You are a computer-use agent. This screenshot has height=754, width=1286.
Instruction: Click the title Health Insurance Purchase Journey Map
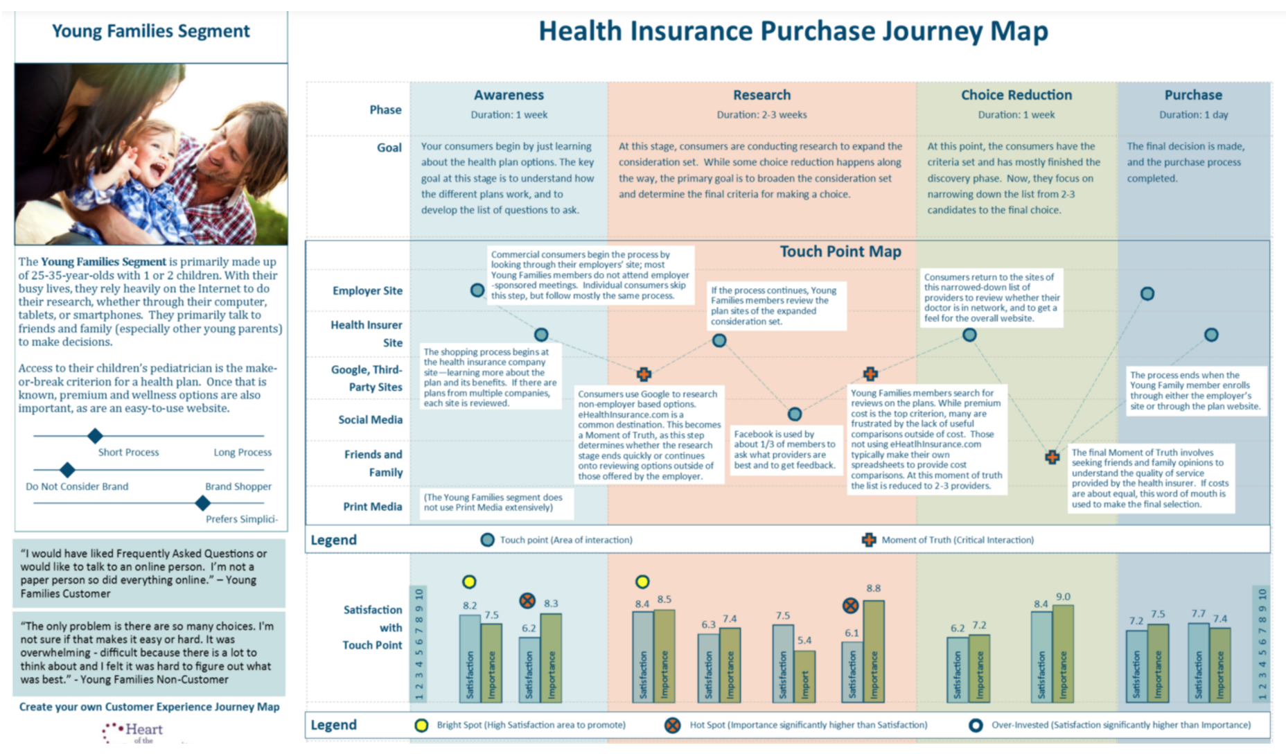793,31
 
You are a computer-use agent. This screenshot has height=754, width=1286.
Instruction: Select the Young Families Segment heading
151,31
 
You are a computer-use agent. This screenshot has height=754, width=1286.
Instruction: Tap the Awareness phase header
509,95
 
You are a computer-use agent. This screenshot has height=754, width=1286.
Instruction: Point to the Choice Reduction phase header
1016,95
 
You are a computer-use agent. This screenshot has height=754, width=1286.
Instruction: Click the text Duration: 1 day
1193,115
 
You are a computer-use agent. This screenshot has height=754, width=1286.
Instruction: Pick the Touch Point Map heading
840,252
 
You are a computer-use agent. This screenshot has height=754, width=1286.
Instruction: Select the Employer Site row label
367,291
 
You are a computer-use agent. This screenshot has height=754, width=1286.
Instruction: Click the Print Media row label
372,507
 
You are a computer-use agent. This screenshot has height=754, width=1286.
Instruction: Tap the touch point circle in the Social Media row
795,414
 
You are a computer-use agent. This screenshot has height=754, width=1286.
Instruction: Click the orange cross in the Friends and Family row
1052,457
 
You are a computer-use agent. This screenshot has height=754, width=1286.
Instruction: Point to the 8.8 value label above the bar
873,588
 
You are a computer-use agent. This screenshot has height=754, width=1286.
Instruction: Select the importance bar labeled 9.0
1062,651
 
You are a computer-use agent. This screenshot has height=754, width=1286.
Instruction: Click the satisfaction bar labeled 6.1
852,670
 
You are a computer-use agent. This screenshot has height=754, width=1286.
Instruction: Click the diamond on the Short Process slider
96,436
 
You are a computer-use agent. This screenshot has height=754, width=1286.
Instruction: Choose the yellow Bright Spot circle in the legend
421,726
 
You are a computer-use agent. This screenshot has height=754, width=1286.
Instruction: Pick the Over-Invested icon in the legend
976,726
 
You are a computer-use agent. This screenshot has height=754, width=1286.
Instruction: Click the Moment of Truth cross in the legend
869,540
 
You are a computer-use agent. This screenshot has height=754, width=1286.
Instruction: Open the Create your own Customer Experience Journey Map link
149,707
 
